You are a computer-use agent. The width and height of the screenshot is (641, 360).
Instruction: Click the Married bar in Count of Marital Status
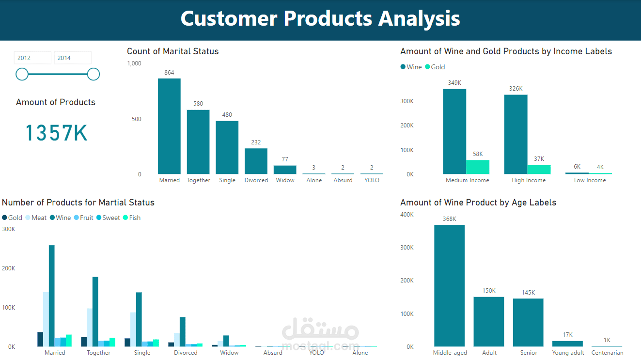click(x=169, y=126)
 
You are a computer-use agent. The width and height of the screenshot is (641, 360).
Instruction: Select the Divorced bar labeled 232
click(x=256, y=161)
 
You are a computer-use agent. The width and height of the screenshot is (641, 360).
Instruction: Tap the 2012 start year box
click(x=32, y=58)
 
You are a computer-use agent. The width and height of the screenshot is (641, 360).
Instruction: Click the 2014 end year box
click(x=72, y=58)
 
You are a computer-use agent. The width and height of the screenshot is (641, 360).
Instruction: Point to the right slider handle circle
click(x=94, y=74)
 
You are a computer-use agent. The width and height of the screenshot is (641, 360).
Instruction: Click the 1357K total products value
click(x=56, y=133)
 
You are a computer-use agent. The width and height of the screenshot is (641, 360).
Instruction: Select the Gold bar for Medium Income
click(x=478, y=167)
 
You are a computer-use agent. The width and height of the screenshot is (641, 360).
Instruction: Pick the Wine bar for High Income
click(x=516, y=134)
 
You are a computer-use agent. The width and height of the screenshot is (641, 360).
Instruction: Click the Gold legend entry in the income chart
click(x=435, y=67)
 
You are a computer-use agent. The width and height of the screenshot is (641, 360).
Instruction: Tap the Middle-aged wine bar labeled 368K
click(x=449, y=285)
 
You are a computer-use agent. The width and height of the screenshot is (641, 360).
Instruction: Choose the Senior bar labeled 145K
click(x=528, y=322)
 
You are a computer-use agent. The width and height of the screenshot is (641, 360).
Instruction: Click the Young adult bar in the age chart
click(x=567, y=344)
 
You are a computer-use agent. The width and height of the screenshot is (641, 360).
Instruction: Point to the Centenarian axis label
click(x=607, y=353)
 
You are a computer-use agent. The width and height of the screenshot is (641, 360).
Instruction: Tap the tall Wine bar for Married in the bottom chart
click(x=52, y=296)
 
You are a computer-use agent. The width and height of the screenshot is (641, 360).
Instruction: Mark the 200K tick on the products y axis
click(x=9, y=268)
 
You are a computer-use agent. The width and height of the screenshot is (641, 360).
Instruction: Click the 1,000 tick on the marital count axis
click(x=134, y=63)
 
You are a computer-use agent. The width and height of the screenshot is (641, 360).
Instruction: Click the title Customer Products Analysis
click(x=320, y=18)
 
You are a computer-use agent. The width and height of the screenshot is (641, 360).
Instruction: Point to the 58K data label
click(x=478, y=154)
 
